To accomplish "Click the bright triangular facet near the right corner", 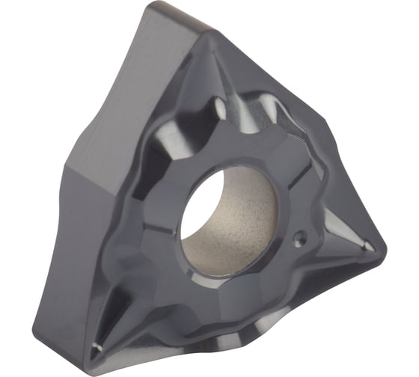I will click(x=340, y=247).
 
